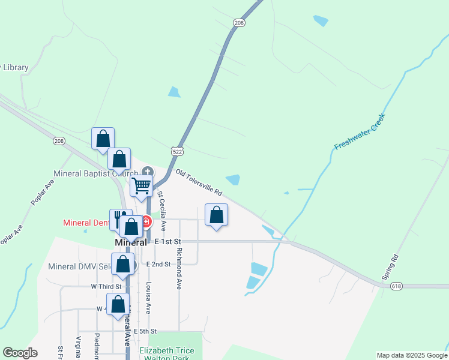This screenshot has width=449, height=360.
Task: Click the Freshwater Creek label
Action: pyautogui.click(x=359, y=131)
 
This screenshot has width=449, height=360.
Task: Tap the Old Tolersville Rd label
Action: pyautogui.click(x=199, y=183)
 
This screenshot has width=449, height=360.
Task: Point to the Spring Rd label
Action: pyautogui.click(x=390, y=268)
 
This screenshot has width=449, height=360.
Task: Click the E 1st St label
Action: pyautogui.click(x=167, y=241)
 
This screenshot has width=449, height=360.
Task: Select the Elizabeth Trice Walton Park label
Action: pyautogui.click(x=171, y=354)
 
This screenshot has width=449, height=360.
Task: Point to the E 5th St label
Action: pyautogui.click(x=146, y=331)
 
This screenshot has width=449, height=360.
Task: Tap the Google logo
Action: pyautogui.click(x=20, y=353)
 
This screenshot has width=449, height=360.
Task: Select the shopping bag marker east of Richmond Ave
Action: pyautogui.click(x=216, y=215)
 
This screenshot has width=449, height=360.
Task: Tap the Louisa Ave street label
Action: pyautogui.click(x=148, y=298)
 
